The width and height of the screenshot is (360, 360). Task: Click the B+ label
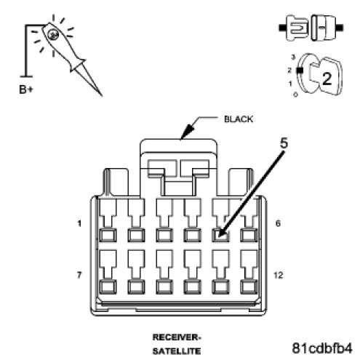(25, 89)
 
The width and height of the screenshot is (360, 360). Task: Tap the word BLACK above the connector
(239, 119)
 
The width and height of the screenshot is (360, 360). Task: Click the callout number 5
(284, 143)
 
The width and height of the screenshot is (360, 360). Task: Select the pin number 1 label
(79, 223)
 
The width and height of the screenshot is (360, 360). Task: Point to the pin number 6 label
(278, 223)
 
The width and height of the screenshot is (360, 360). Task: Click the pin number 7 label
(79, 275)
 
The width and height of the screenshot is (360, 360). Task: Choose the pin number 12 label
(278, 275)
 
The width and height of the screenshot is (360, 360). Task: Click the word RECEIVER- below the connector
(177, 337)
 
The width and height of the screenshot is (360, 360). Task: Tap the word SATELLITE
(177, 351)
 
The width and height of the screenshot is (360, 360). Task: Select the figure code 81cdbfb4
(322, 348)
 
